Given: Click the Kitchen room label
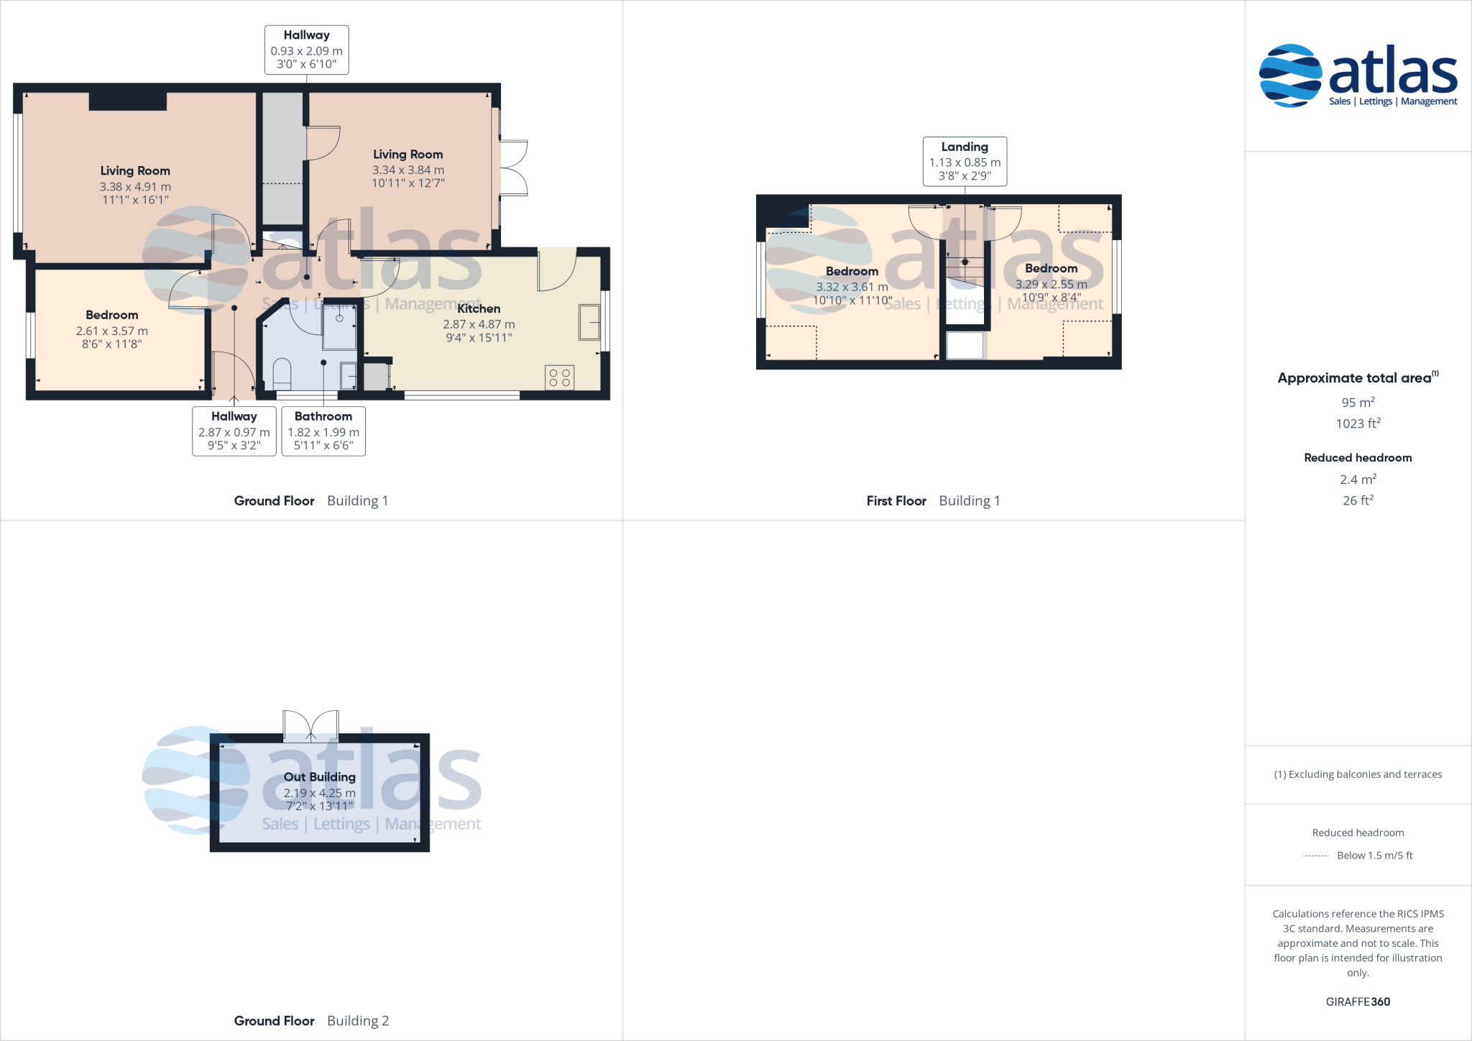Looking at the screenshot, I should point(479,308).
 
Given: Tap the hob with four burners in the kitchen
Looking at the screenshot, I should point(559,377).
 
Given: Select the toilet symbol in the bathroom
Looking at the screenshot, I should point(282,373).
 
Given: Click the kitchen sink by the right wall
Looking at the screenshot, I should point(589,322).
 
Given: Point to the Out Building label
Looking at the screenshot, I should point(319,776).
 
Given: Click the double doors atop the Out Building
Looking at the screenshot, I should point(310,725).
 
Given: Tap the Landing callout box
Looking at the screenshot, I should point(965,161).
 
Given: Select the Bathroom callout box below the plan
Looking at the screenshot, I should point(323,431).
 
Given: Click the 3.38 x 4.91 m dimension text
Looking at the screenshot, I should point(135,187).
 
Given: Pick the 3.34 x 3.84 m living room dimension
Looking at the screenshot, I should point(408,170).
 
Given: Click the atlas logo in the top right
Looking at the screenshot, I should point(1358,75).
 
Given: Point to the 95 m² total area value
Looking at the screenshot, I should point(1358,403).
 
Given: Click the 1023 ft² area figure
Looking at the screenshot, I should point(1358,423).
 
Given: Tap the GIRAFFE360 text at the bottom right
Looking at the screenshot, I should point(1358,1001).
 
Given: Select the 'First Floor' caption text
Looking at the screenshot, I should point(896,501).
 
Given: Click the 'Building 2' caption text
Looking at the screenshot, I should point(357,1021).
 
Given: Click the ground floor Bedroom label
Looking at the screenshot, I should point(111,315).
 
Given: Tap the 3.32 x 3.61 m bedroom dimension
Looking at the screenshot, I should point(852,287).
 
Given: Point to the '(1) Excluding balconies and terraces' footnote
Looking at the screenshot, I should point(1358,774).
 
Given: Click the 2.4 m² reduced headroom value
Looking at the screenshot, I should point(1358,480).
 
